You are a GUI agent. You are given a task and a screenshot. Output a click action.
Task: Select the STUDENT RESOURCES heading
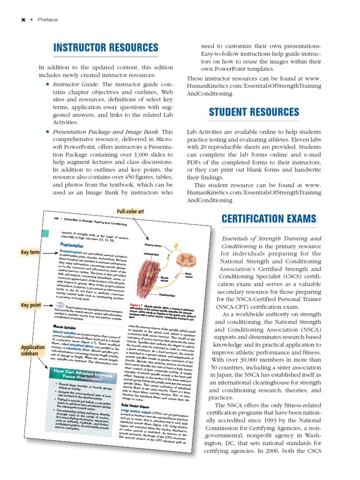(x=254, y=112)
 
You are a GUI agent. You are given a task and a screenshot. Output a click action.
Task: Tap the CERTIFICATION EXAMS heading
(x=269, y=218)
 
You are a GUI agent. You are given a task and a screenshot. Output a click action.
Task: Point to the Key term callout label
(x=30, y=253)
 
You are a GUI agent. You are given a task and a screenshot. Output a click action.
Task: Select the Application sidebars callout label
(x=33, y=351)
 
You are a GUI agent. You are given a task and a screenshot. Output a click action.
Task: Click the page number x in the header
(x=22, y=20)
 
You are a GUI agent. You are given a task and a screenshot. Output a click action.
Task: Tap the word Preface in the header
(x=48, y=20)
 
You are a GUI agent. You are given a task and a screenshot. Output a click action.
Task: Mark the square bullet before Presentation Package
(x=48, y=132)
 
